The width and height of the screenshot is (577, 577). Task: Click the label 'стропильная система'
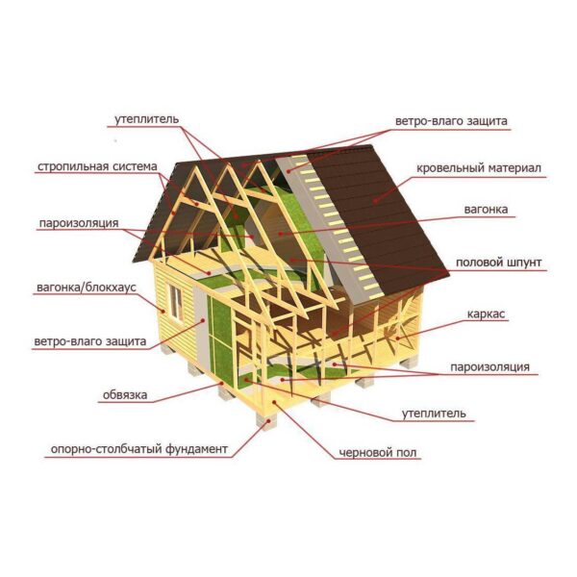click(97, 166)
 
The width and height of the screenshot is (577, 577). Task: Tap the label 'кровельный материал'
click(479, 168)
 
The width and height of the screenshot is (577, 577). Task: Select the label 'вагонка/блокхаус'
click(87, 288)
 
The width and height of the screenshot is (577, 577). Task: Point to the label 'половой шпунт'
click(498, 263)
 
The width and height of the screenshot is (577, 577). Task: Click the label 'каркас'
click(486, 314)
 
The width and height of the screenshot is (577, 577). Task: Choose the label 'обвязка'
click(125, 395)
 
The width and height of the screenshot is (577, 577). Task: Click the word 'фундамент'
click(196, 449)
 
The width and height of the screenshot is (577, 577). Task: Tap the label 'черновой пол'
click(378, 453)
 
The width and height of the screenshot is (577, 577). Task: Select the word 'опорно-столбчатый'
click(107, 449)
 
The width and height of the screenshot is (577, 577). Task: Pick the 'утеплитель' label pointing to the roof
click(146, 119)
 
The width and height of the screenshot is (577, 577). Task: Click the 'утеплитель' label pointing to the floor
click(434, 414)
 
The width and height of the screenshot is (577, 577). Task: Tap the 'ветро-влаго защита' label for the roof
click(451, 121)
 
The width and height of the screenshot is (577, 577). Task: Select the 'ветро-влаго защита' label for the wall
click(90, 341)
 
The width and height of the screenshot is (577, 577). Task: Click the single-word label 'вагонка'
click(486, 210)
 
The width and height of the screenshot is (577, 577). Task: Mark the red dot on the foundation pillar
click(269, 420)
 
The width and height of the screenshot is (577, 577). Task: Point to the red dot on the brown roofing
click(375, 201)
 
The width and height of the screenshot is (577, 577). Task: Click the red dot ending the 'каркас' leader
click(398, 338)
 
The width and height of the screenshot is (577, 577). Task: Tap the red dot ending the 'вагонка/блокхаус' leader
click(162, 312)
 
